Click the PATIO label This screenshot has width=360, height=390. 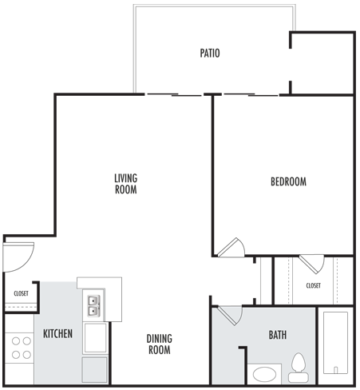click(x=209, y=54)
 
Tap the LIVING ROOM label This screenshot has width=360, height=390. click(x=125, y=184)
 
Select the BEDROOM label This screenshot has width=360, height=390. click(x=288, y=181)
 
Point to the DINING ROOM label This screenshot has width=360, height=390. click(x=159, y=344)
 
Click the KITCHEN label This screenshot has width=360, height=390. click(x=57, y=332)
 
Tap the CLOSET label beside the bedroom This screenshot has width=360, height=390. click(x=313, y=285)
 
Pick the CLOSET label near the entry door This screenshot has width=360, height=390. click(x=21, y=293)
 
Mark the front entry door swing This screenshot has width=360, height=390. click(x=18, y=256)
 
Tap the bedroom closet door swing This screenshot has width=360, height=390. click(x=311, y=263)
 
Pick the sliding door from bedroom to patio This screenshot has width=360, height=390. click(x=249, y=95)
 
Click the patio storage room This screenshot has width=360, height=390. click(x=322, y=64)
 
